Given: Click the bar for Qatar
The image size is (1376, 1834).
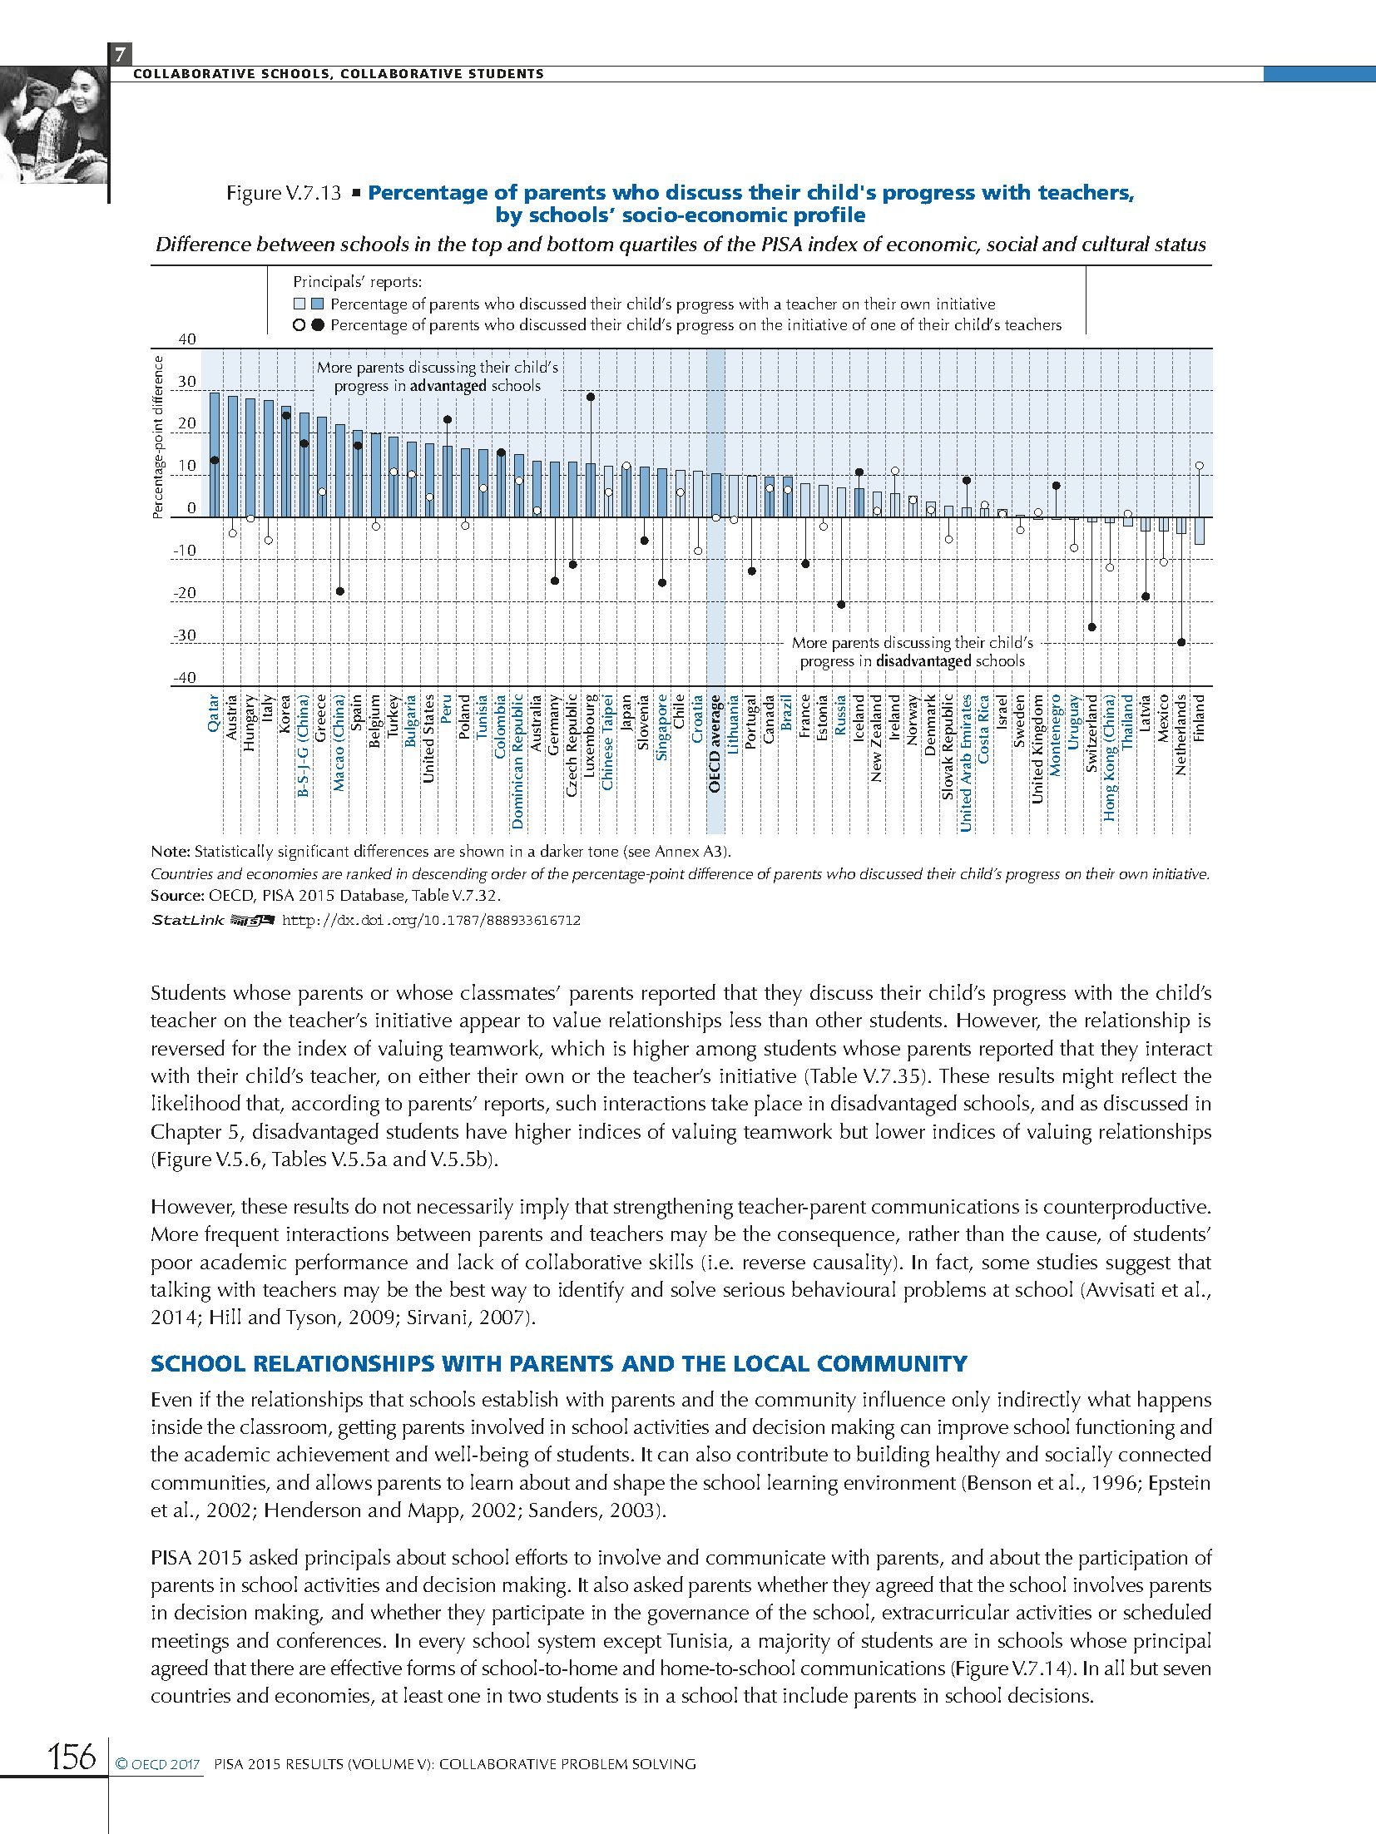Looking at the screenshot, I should [214, 455].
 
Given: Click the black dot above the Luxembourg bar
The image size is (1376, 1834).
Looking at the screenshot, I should [590, 397].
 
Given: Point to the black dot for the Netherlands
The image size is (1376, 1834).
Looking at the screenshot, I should [1181, 642].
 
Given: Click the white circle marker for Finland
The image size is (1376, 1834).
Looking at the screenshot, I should [1200, 466].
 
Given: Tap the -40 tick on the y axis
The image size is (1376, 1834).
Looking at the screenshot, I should [185, 678].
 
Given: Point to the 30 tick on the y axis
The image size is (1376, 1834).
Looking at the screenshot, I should [187, 382].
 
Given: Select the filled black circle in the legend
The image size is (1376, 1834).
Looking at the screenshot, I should [317, 325].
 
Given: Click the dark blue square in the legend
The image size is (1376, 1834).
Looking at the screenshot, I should [316, 304].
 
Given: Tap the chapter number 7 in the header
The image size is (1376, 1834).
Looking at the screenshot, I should [120, 55].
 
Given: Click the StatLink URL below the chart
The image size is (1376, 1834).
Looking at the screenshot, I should [432, 921].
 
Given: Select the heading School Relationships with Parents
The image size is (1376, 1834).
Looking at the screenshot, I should [558, 1364].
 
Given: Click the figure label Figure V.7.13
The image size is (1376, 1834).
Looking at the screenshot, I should [284, 193].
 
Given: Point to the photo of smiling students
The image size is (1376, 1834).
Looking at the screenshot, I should [54, 125].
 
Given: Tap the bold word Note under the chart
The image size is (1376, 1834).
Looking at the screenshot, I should [170, 852].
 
